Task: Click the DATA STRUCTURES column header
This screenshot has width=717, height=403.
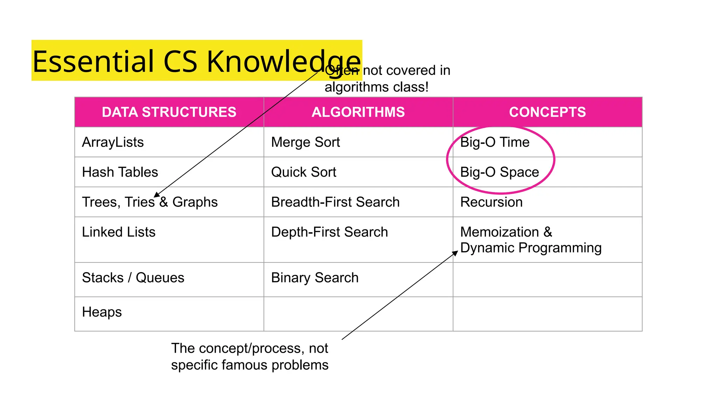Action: pyautogui.click(x=169, y=112)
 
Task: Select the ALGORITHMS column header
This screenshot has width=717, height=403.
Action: pyautogui.click(x=358, y=112)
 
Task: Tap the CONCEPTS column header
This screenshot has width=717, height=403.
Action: pyautogui.click(x=547, y=112)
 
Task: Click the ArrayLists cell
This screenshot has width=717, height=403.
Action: pyautogui.click(x=113, y=142)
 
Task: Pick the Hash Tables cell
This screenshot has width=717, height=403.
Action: pyautogui.click(x=120, y=172)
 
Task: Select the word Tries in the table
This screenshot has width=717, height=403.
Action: pyautogui.click(x=139, y=202)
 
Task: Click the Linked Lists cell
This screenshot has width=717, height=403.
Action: pyautogui.click(x=118, y=232)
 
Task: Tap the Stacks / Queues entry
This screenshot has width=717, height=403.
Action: pyautogui.click(x=133, y=278)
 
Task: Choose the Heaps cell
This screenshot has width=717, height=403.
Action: pyautogui.click(x=102, y=312)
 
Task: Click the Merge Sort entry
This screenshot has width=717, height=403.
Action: pyautogui.click(x=305, y=142)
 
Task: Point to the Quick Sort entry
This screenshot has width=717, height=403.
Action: pyautogui.click(x=304, y=172)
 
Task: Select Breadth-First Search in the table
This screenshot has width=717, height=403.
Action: pyautogui.click(x=335, y=202)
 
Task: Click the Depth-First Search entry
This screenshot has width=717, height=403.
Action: pyautogui.click(x=329, y=232)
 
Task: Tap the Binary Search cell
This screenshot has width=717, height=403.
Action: pyautogui.click(x=314, y=278)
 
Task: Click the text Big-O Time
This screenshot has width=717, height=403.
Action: pyautogui.click(x=494, y=142)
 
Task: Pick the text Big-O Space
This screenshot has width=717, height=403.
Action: pyautogui.click(x=499, y=172)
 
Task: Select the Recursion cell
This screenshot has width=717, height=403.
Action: pyautogui.click(x=491, y=202)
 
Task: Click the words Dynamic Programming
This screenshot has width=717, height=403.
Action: pyautogui.click(x=531, y=248)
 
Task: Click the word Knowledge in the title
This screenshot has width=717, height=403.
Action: pyautogui.click(x=284, y=62)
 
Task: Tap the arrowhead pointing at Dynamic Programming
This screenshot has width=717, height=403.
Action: pyautogui.click(x=455, y=253)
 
